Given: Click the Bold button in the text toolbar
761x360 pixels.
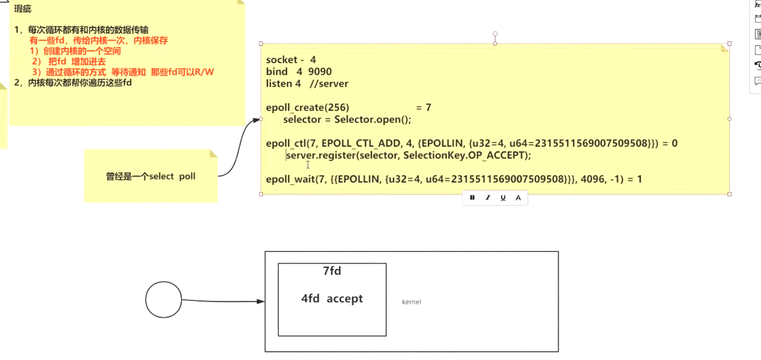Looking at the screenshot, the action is point(472,198).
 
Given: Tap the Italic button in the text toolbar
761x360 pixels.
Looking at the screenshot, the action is point(488,198).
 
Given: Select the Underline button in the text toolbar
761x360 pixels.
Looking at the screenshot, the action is point(503,198).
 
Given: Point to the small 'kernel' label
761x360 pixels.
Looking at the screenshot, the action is point(412,302).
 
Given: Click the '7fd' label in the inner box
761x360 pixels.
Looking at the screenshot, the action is point(332,271).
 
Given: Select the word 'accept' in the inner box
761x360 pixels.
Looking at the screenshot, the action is point(345,298).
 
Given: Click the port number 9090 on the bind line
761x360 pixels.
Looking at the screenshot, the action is point(319,72).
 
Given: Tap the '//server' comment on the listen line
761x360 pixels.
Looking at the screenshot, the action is point(329,84).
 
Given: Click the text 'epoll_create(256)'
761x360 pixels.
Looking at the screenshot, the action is point(307,108).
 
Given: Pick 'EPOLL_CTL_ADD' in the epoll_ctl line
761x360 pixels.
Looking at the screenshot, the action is point(361,143).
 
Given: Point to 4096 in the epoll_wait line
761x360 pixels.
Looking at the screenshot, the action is point(593,179).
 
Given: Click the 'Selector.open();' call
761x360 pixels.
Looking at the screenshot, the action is point(373,119).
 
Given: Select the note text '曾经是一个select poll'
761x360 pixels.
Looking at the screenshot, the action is point(151,177).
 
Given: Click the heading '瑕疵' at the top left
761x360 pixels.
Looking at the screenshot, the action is point(23,9).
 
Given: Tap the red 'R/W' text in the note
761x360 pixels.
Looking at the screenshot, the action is point(204,72).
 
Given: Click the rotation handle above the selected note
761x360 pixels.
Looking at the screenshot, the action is point(495,34).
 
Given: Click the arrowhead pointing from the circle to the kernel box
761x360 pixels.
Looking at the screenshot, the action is point(261,301).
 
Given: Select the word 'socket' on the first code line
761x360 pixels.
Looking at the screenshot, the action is point(282,60).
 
